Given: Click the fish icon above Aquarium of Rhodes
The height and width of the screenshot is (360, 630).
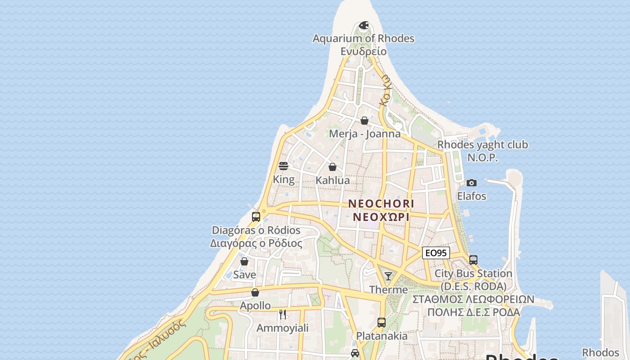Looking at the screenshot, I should pos(364,25).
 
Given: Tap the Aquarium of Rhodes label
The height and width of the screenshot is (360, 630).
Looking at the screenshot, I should pos(364,39).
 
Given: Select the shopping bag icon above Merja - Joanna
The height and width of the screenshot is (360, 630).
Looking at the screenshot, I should pos(364,121).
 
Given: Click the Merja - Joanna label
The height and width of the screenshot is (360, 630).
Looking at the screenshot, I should pos(364,134).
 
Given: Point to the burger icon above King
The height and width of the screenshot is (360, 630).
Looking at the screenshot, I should pos(283,166).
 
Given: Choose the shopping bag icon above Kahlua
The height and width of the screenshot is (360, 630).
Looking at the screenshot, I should pos(333,167).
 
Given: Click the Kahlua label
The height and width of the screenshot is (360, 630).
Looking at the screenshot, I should pos(333,180).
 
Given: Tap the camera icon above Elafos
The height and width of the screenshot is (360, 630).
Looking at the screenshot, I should pos(472,183).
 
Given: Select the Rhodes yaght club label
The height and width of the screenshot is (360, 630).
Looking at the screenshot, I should pos(482,145).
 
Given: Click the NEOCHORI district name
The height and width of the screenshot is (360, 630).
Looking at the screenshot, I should pos(381,204).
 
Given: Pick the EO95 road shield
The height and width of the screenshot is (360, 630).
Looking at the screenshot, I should pos(436,253).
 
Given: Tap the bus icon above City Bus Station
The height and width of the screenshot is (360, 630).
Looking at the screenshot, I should pos(473,260).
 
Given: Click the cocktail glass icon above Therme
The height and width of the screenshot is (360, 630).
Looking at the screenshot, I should pos(388,276).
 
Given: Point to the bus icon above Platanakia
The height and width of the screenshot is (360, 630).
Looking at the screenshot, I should pos(382,322).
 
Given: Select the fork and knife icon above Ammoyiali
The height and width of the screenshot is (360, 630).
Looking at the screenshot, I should pos(283,315).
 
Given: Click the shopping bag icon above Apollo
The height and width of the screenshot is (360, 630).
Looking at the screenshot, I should pos(255,292).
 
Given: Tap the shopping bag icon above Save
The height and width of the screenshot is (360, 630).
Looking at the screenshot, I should pos(244,261).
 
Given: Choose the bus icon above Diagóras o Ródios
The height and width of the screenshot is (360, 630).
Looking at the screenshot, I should pos(256,217).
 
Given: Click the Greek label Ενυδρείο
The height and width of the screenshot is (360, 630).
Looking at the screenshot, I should pos(364,51).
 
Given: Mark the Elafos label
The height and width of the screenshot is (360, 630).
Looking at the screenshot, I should pos(472,196).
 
